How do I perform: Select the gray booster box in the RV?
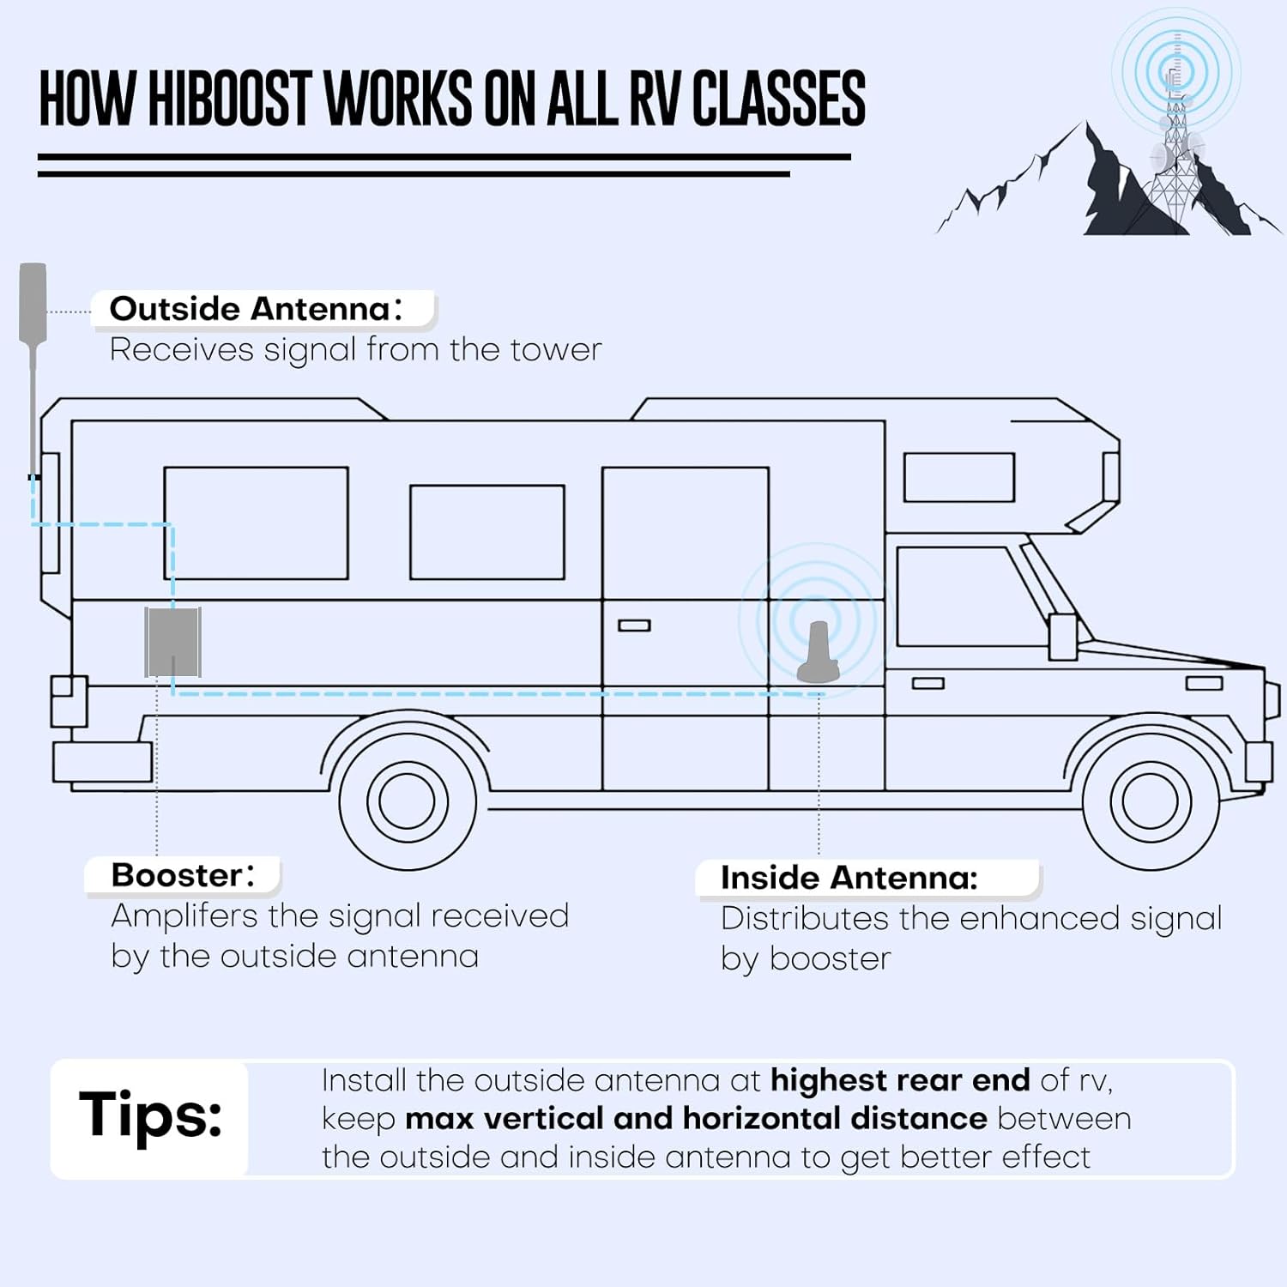point(172,642)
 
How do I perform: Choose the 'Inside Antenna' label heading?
point(849,878)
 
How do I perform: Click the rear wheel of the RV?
point(408,801)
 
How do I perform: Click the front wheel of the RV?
point(1150,801)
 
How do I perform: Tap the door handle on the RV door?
point(634,625)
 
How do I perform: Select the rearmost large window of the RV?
point(256,523)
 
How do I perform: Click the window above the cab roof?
point(959,477)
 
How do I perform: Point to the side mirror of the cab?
point(1062,636)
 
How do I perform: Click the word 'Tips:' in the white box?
point(150,1115)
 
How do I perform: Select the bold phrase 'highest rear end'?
point(900,1080)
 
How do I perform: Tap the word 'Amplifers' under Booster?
point(184,916)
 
